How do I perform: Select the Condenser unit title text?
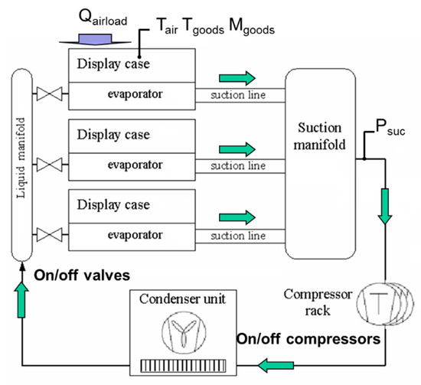pyautogui.click(x=184, y=299)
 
